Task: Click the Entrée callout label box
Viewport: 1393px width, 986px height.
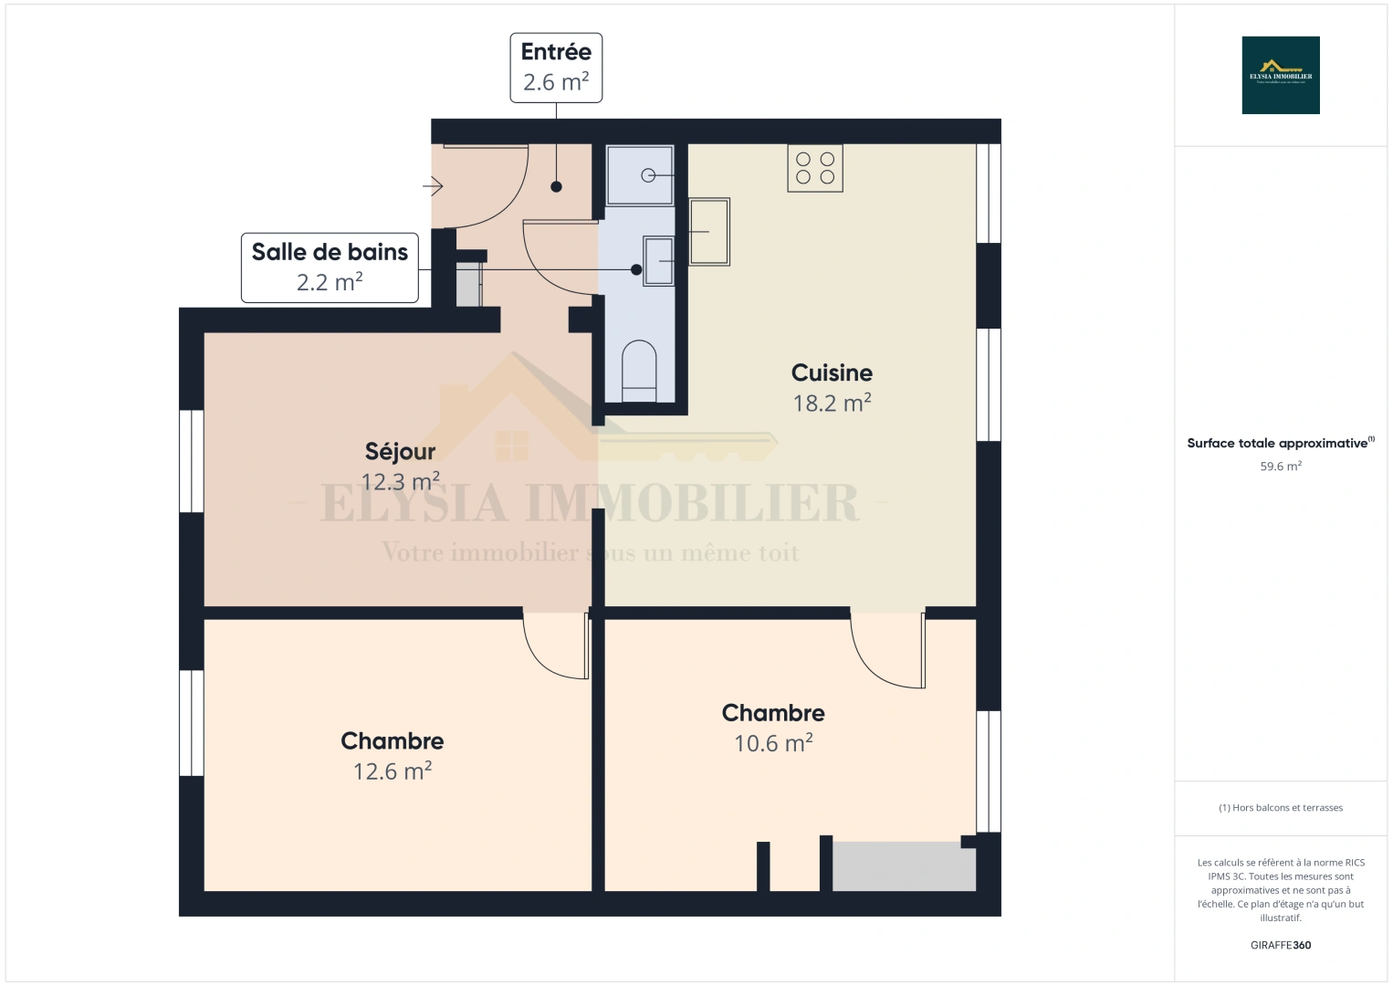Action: click(556, 68)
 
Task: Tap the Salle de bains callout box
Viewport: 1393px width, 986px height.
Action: click(330, 267)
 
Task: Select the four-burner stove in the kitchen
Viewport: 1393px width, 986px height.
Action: click(815, 168)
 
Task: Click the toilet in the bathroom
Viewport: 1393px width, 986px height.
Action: click(639, 372)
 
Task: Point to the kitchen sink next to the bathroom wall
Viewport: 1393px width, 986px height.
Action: click(709, 232)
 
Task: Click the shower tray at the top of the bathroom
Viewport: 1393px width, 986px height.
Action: click(641, 174)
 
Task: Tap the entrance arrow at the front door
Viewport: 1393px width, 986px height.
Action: click(433, 187)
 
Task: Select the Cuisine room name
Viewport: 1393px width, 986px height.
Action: click(832, 372)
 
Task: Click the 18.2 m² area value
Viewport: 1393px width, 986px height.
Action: click(832, 403)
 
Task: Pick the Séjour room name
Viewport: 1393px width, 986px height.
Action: click(400, 451)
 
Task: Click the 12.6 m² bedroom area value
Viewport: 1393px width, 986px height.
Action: click(393, 771)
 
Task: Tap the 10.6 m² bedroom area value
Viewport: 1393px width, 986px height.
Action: click(773, 743)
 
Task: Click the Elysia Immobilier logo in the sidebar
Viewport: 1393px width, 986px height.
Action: click(1281, 75)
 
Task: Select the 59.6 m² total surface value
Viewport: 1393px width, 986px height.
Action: click(1281, 467)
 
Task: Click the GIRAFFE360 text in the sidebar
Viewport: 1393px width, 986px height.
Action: click(1281, 945)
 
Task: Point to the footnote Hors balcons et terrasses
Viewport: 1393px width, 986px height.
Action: click(1281, 808)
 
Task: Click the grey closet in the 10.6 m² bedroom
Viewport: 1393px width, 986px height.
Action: click(903, 866)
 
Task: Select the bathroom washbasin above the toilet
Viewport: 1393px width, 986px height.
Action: click(658, 260)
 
